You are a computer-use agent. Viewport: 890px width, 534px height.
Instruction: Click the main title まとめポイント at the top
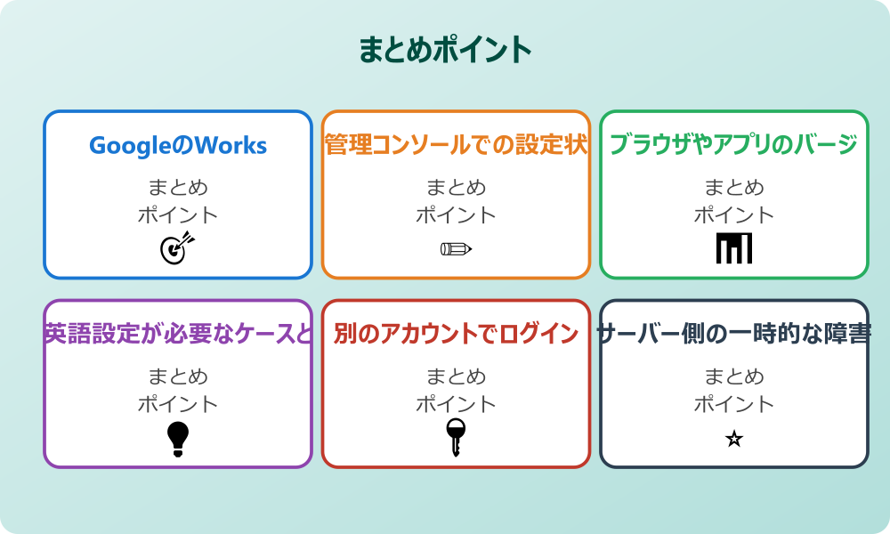(x=445, y=50)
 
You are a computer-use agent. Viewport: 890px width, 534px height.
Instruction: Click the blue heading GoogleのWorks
(x=178, y=145)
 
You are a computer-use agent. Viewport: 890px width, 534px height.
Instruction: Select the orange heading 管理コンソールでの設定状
(x=456, y=145)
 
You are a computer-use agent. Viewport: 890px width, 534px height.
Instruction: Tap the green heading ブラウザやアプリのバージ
(x=733, y=145)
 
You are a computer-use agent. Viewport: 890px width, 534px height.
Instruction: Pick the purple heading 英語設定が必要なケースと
(x=178, y=334)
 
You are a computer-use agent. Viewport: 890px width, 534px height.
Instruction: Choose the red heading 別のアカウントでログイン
(x=456, y=334)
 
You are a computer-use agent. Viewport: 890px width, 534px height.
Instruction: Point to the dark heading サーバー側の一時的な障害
(x=733, y=334)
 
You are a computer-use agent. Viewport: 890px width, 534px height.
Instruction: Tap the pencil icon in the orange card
(x=456, y=248)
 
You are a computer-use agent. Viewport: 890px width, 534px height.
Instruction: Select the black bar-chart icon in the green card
(x=734, y=248)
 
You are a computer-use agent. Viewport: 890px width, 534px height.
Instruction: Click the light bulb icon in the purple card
(x=178, y=438)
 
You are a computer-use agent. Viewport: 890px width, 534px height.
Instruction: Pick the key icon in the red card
(x=456, y=437)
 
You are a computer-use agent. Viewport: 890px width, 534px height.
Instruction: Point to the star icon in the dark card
(x=734, y=439)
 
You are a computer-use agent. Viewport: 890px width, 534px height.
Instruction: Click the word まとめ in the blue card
(x=178, y=188)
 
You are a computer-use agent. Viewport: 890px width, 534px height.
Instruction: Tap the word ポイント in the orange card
(x=456, y=215)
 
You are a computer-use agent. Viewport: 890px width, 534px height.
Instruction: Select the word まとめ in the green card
(x=734, y=188)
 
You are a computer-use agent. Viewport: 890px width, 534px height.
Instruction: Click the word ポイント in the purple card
(x=178, y=404)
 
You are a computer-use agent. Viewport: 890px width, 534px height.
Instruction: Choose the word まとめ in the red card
(x=456, y=376)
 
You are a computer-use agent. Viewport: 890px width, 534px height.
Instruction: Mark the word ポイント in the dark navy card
(x=734, y=404)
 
